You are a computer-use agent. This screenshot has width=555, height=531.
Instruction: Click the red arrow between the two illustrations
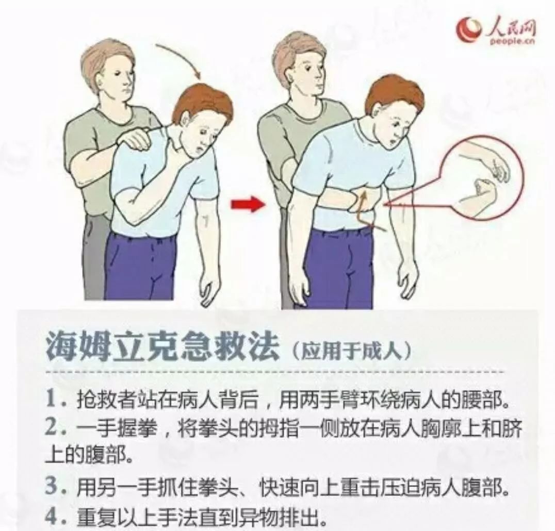[247, 205]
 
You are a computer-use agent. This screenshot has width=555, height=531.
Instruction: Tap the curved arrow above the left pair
[180, 59]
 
